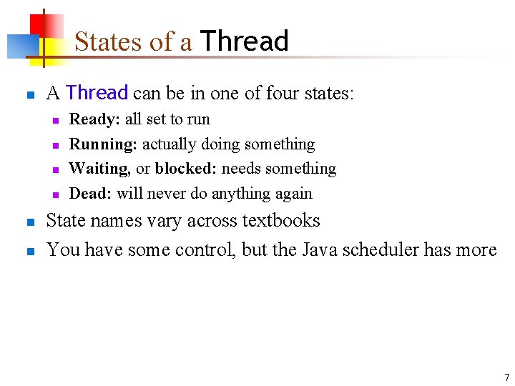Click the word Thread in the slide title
(244, 41)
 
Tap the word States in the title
(109, 41)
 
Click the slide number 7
(506, 377)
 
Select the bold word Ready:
(94, 119)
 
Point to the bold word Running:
(103, 144)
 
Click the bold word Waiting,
(99, 169)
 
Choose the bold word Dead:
(90, 193)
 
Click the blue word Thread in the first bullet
(97, 93)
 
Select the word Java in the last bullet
(320, 249)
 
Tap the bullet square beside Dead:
(54, 194)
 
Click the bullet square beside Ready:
(54, 120)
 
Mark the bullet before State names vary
(30, 222)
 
